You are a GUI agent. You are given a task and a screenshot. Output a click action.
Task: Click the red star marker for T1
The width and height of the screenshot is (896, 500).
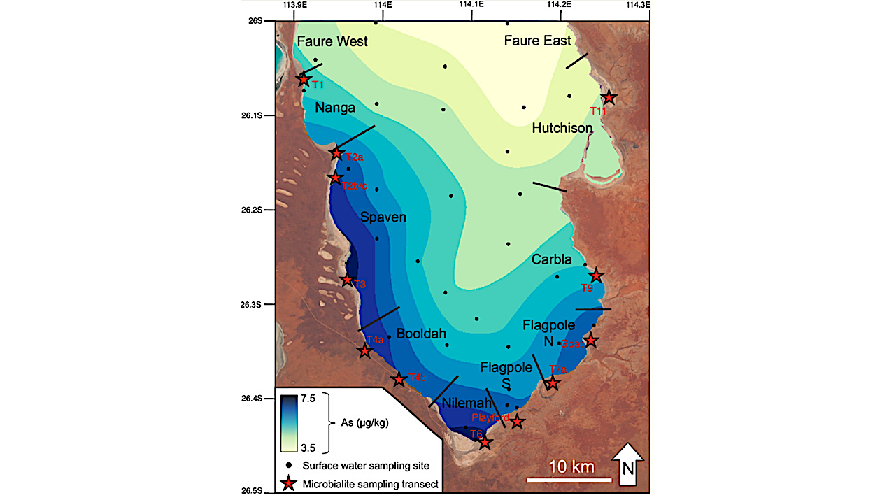[x=304, y=80]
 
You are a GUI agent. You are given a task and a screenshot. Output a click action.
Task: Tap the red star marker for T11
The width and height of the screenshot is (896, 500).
[x=609, y=97]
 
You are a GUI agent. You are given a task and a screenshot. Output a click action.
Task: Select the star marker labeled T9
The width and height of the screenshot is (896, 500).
[x=595, y=276]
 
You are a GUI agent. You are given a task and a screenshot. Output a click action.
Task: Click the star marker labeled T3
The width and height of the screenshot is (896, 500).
[x=347, y=280]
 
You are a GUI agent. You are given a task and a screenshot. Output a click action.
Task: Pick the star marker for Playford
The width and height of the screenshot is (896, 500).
[x=517, y=421]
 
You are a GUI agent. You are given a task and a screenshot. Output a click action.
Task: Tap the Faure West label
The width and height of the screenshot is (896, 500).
[x=332, y=42]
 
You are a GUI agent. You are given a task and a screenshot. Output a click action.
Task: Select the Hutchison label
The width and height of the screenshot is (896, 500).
[x=562, y=128]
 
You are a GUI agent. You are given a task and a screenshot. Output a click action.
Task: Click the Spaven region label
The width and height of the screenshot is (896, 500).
[x=383, y=217]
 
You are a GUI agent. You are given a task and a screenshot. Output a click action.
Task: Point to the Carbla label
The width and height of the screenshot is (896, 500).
[x=552, y=259]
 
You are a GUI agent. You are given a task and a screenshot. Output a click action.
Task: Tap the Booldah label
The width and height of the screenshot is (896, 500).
[x=421, y=334]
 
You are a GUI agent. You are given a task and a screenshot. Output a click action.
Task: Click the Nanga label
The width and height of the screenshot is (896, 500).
[x=335, y=108]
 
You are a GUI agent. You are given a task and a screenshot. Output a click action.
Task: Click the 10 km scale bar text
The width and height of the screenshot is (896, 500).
[x=570, y=466]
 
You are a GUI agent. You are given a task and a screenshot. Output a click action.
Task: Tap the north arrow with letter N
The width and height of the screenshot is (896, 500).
[x=628, y=464]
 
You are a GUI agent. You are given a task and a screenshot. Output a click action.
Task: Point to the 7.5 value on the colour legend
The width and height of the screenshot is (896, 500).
[x=308, y=398]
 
